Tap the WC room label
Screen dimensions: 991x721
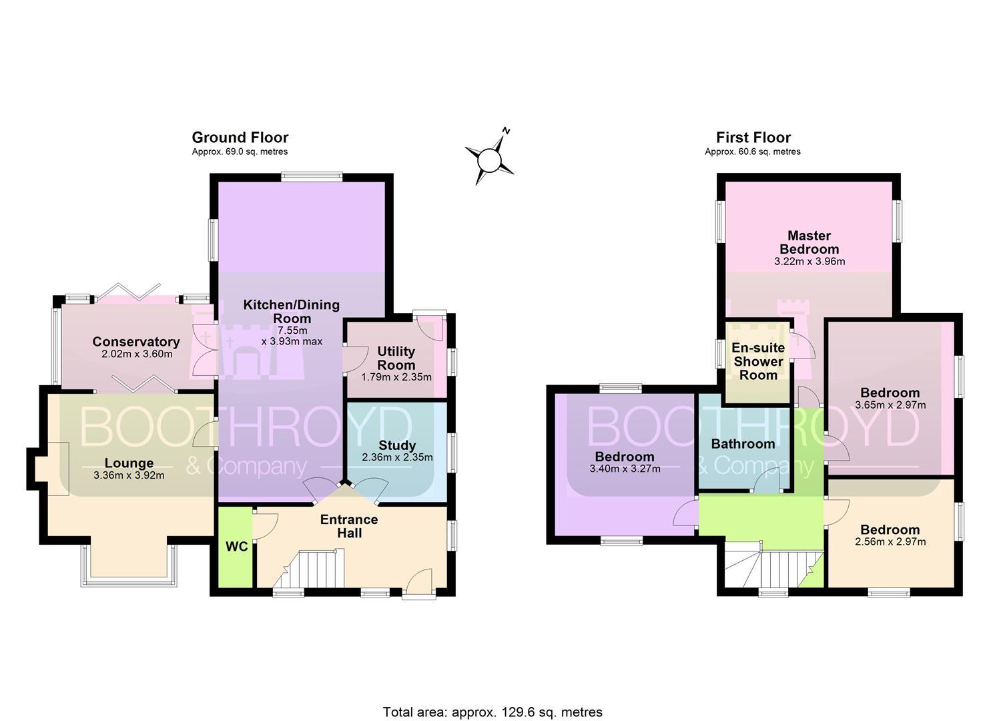pos(237,547)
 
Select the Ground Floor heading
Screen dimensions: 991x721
pos(240,138)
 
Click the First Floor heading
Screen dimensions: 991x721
pos(753,138)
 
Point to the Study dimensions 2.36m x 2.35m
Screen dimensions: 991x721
pos(397,457)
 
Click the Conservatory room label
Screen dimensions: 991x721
pos(136,342)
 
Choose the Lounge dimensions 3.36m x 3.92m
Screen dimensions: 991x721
pos(129,475)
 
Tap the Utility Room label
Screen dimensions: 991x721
pos(396,358)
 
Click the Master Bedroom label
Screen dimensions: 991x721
pos(809,242)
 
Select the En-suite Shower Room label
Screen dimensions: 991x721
pos(758,361)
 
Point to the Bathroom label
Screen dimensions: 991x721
pos(743,444)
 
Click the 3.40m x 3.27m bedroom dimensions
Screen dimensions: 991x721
pos(625,469)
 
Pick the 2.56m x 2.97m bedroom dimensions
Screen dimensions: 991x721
pos(890,541)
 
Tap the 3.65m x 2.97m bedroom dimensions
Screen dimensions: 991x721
pos(890,405)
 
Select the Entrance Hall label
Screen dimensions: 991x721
pos(349,526)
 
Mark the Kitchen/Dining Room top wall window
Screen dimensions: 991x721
pos(312,177)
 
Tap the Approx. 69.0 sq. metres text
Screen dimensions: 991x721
pos(240,152)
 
